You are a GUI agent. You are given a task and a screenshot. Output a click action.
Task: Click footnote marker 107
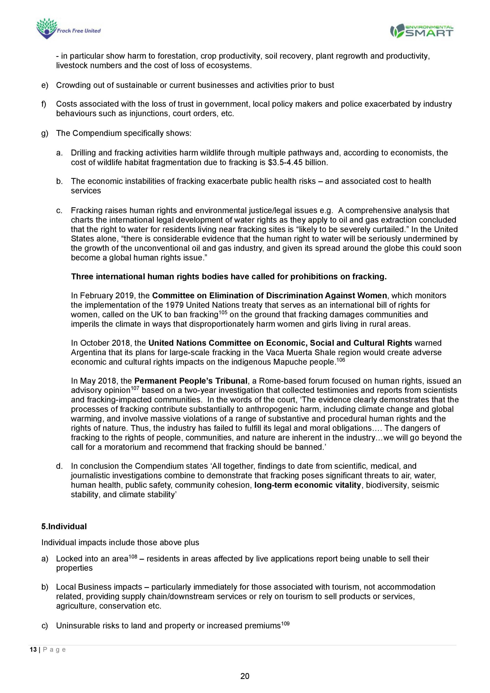point(135,388)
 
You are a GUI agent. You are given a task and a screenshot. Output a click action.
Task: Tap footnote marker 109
point(285,623)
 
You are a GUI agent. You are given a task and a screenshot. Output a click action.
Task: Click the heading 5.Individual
point(64,526)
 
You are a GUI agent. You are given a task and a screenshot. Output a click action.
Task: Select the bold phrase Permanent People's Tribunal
point(191,381)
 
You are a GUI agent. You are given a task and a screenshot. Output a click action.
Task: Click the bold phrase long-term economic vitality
point(307,485)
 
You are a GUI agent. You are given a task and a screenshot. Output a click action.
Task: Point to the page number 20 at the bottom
point(245,676)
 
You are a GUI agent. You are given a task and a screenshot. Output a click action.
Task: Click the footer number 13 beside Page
point(33,650)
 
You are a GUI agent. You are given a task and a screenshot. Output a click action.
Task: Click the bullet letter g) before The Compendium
point(45,133)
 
